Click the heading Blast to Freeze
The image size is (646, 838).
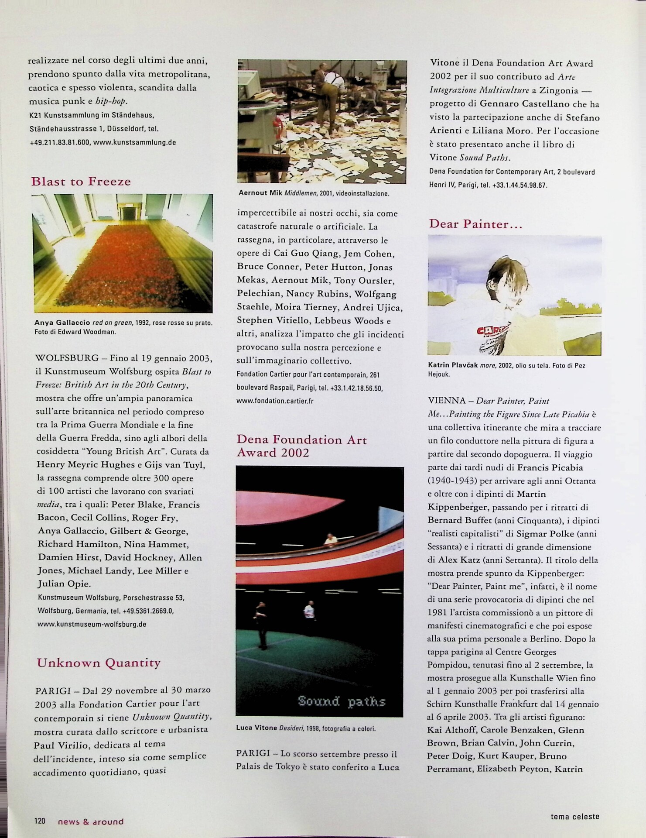81,182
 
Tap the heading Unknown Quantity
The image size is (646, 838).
99,663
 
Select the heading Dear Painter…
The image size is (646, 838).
475,224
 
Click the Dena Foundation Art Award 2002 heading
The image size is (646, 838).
301,446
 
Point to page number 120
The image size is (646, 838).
40,821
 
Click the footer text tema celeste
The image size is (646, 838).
574,816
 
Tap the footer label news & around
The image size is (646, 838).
91,821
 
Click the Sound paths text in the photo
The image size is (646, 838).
342,702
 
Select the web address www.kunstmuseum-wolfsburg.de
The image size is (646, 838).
92,624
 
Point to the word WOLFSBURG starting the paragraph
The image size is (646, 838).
67,358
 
